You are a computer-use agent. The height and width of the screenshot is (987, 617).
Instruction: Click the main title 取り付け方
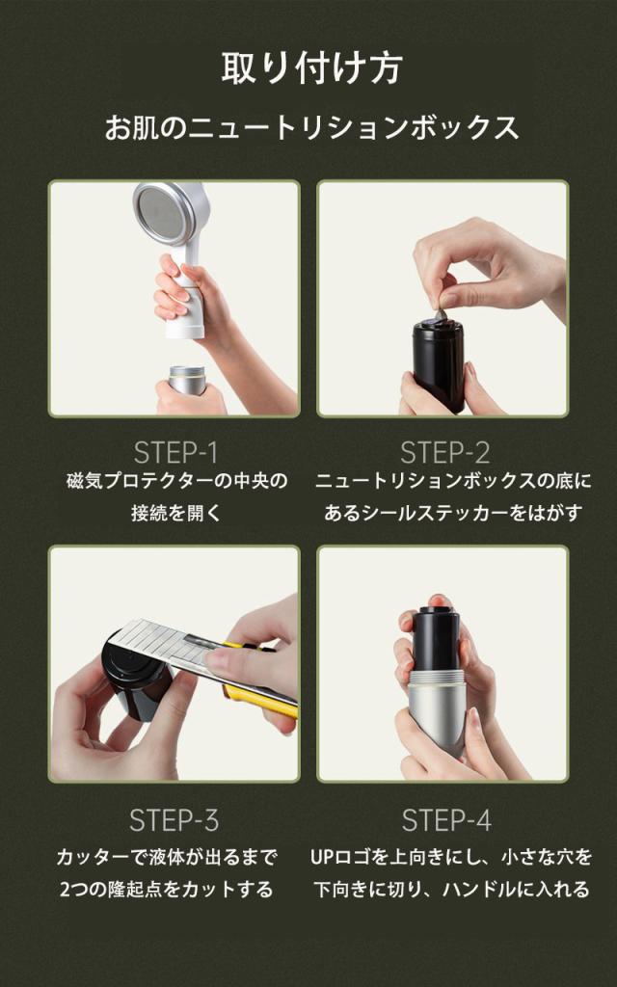(311, 68)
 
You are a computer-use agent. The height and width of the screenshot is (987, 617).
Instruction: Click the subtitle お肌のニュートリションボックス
(311, 127)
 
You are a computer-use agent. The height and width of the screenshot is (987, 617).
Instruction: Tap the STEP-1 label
(175, 453)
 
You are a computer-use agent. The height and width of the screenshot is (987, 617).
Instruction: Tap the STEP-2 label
(445, 453)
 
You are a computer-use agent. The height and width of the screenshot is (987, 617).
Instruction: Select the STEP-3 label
(174, 820)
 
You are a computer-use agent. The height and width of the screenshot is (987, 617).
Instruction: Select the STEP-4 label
(446, 820)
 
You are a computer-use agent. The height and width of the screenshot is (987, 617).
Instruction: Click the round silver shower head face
(166, 212)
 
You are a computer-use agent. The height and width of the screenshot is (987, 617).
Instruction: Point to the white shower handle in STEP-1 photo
(186, 296)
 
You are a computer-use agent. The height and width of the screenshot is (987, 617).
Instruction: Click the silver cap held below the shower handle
(187, 380)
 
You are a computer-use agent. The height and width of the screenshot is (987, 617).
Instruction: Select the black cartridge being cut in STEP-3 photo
(136, 680)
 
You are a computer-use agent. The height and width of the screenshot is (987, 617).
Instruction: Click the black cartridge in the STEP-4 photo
(437, 643)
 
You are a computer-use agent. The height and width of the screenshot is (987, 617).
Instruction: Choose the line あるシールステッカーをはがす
(453, 513)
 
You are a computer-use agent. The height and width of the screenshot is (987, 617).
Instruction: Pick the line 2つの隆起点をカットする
(166, 890)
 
